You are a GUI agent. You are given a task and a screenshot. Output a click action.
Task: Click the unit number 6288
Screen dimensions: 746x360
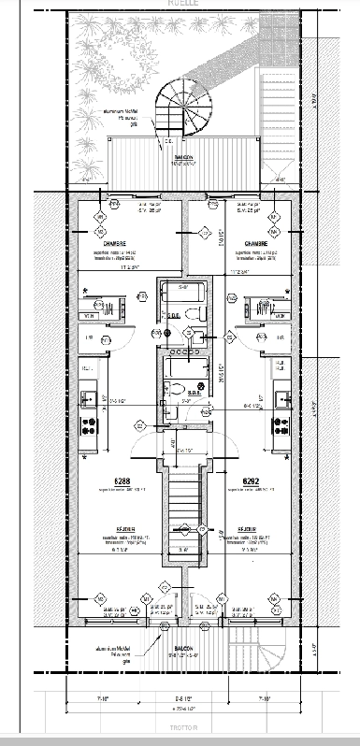coord(122,482)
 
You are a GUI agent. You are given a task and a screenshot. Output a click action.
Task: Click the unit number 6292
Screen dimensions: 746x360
coord(250,482)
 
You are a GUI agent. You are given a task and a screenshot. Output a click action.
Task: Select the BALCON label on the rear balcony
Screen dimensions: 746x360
coord(181,157)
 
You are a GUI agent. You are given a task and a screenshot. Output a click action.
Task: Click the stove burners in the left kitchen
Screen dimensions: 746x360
coord(91,426)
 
